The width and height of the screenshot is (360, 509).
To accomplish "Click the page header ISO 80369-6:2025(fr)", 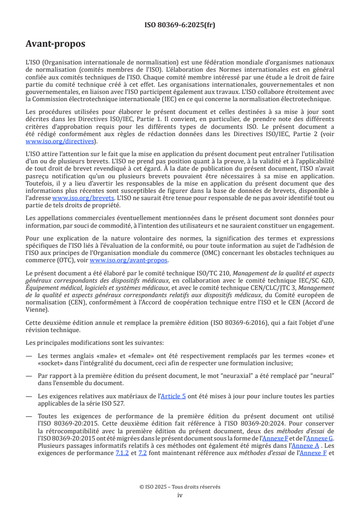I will [180, 25].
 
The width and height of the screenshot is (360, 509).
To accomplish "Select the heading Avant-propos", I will [55, 44].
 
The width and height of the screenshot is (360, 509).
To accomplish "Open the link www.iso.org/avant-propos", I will [129, 260].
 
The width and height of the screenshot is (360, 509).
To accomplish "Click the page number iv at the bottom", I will [180, 495].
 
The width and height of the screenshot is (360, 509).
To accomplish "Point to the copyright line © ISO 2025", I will [180, 487].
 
